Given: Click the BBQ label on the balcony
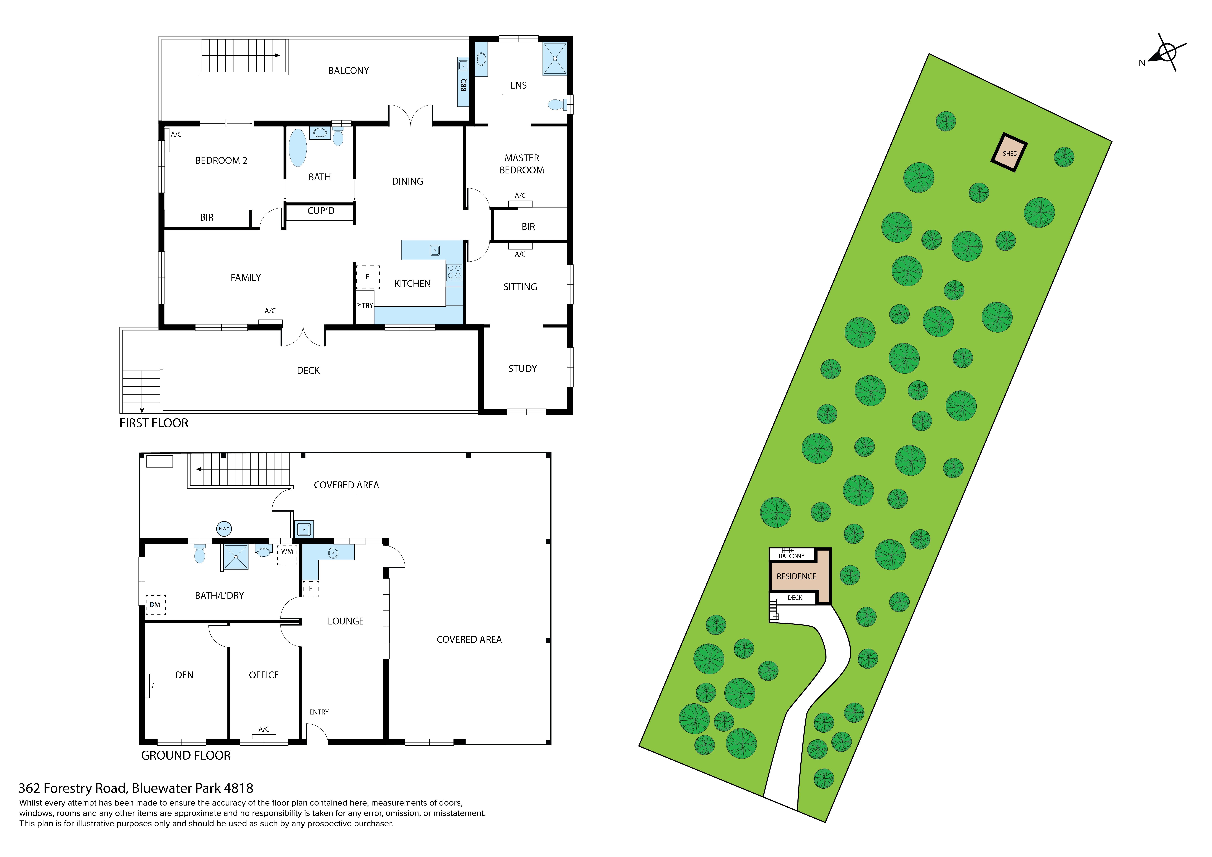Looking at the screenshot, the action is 463,84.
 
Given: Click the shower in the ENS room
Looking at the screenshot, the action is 555,59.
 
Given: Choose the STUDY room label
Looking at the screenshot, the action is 523,369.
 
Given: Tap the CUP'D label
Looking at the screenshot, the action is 321,211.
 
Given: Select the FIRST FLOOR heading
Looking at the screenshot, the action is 154,423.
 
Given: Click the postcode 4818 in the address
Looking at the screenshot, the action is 239,788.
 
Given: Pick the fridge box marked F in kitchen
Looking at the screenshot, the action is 367,277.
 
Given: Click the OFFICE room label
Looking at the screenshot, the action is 264,675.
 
